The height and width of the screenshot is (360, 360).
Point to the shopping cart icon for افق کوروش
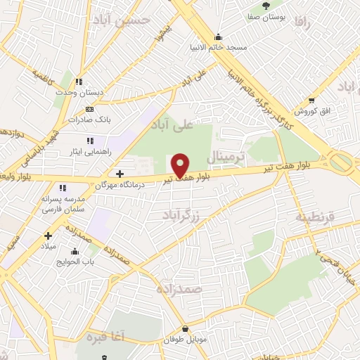point(312,101)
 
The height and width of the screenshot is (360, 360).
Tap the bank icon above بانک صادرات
point(89,109)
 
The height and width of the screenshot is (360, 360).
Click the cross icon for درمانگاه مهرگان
point(120,173)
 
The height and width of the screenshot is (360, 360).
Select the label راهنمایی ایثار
point(89,150)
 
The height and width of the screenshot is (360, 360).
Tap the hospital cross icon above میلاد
point(48,236)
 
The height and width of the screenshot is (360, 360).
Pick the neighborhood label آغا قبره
point(105,337)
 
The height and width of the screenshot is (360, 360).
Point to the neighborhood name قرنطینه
point(312,215)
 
